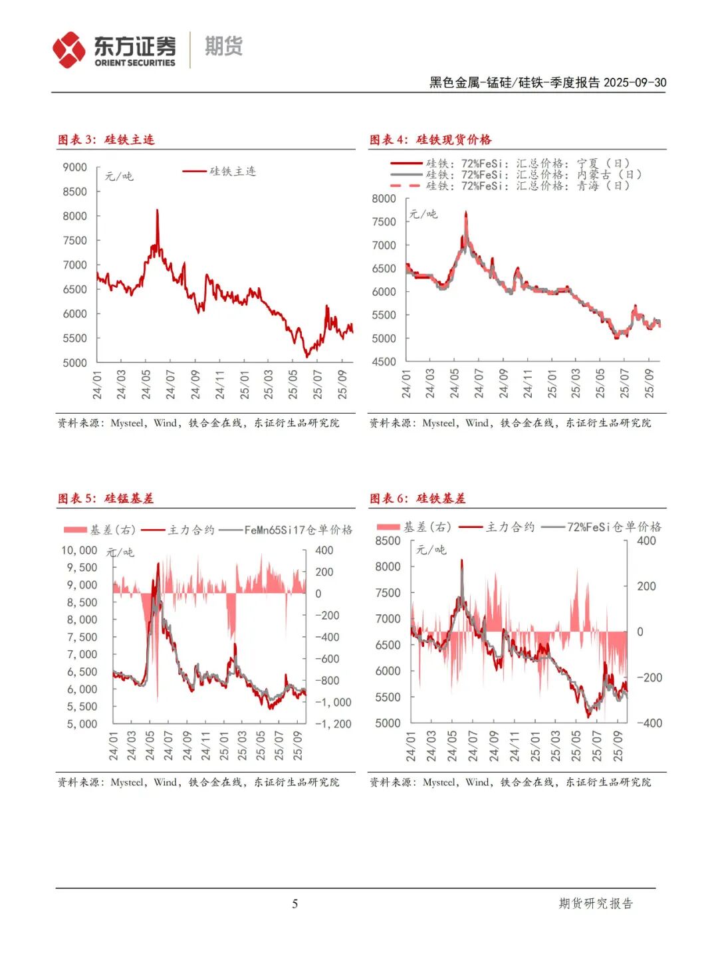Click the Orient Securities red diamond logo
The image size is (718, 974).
[69, 50]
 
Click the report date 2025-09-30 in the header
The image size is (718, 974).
[635, 82]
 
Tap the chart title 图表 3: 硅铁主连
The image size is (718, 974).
[106, 140]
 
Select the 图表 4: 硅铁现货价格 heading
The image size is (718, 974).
[430, 140]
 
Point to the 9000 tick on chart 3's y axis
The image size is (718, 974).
[75, 168]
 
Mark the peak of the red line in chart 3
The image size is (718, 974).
[157, 211]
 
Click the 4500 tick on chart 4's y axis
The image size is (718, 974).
[384, 362]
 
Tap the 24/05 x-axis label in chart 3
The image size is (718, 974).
[146, 385]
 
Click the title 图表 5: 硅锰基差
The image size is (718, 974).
[106, 499]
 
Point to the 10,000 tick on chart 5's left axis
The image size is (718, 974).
[79, 550]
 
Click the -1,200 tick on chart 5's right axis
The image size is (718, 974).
[333, 724]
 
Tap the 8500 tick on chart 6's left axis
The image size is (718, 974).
[388, 541]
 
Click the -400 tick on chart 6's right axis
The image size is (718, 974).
[650, 723]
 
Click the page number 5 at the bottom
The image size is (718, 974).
[295, 904]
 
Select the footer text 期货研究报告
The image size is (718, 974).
[596, 904]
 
